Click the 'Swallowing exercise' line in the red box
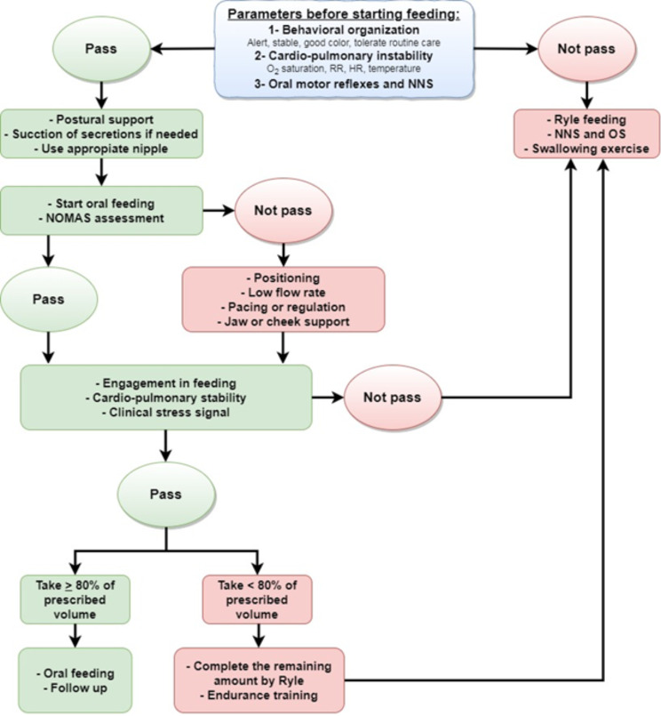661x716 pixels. [x=587, y=149]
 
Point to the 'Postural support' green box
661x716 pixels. [x=102, y=133]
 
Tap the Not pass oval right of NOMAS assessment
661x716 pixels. [x=283, y=211]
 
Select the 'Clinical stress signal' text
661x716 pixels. [x=167, y=411]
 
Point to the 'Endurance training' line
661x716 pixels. [x=258, y=696]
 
